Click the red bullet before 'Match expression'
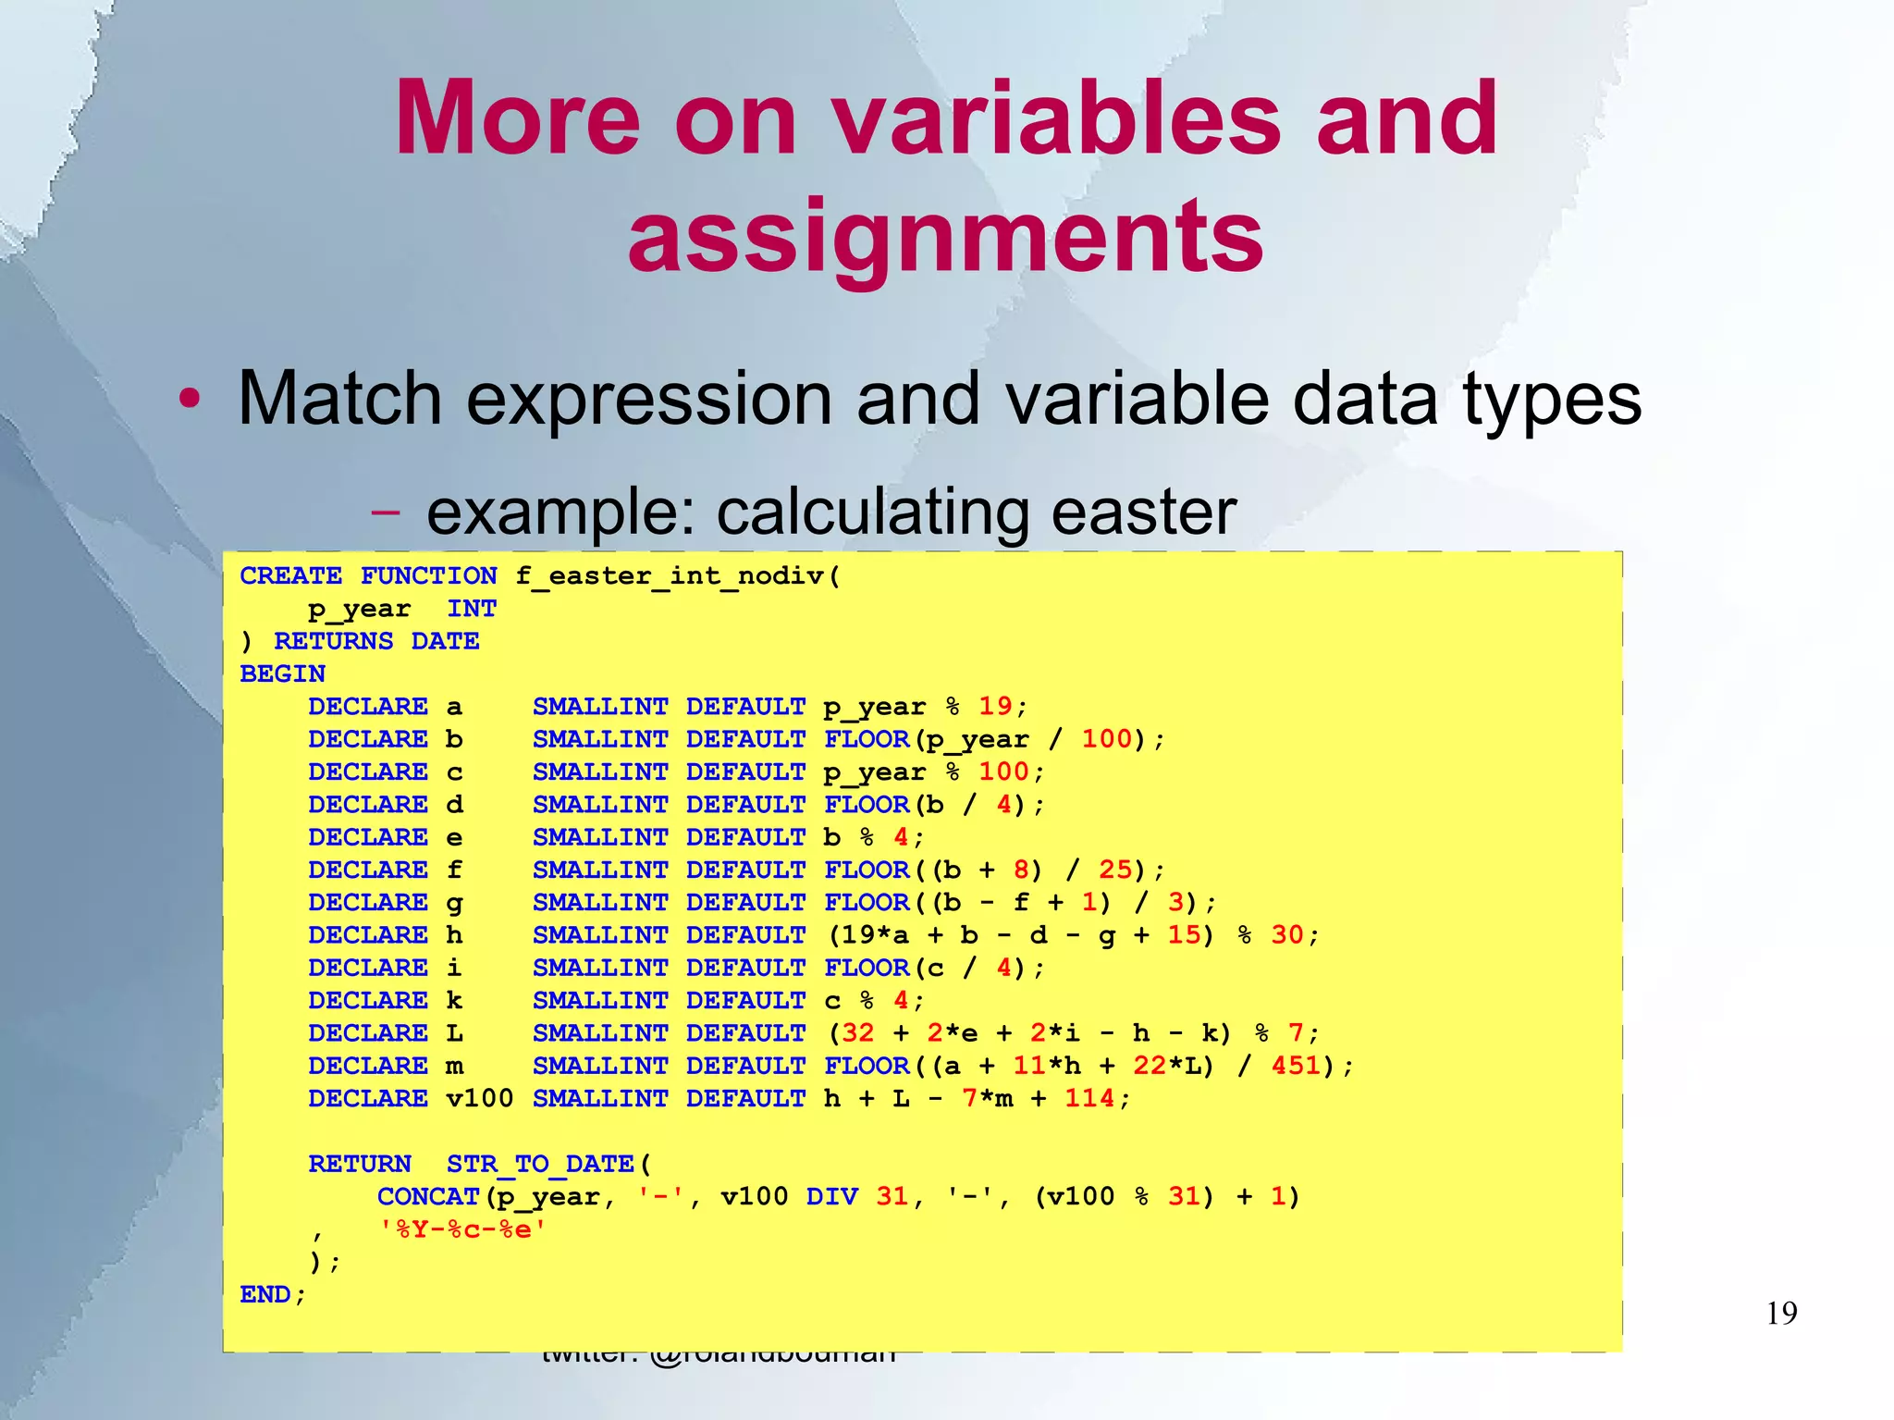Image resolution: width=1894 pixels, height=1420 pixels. (190, 400)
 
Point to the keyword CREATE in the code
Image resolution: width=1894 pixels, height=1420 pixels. (290, 576)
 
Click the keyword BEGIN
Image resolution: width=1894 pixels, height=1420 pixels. (282, 674)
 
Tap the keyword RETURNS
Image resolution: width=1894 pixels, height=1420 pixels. (334, 641)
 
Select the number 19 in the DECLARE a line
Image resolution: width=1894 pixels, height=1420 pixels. (995, 707)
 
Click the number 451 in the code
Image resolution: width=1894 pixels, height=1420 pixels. (1296, 1066)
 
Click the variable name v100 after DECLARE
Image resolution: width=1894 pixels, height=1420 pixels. (479, 1099)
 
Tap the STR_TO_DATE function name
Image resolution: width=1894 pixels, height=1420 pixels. (540, 1164)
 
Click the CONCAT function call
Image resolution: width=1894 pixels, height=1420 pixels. (427, 1197)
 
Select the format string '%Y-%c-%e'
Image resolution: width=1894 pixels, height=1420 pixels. (462, 1229)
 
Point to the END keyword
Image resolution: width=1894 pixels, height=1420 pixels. (265, 1295)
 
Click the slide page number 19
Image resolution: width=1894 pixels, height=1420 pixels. (1781, 1314)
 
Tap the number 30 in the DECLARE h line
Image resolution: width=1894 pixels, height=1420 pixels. (1287, 935)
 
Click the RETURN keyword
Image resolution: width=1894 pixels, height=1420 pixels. (359, 1164)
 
